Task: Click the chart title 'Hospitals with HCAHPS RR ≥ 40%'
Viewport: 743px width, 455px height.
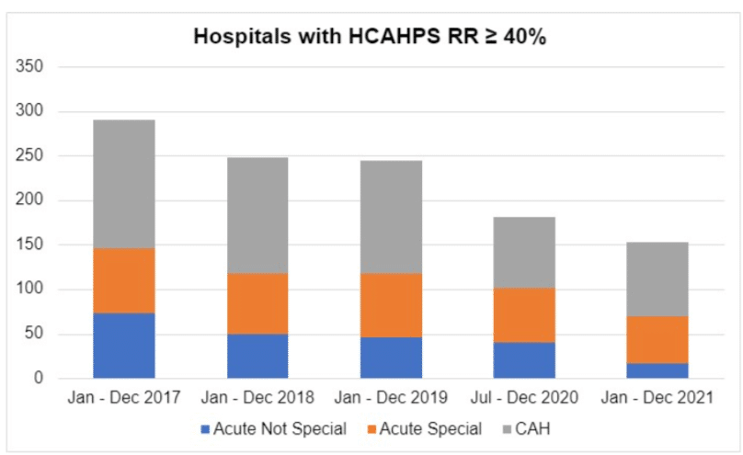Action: (x=371, y=38)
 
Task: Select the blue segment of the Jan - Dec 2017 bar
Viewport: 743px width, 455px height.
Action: (x=124, y=346)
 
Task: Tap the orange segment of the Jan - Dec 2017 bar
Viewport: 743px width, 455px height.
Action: (x=124, y=280)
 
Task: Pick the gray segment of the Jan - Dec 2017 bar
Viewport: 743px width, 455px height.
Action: (x=124, y=184)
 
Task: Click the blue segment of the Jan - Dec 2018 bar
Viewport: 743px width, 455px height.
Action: (x=257, y=356)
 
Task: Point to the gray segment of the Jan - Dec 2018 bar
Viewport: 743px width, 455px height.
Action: (x=257, y=215)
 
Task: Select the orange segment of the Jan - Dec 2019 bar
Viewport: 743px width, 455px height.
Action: (x=391, y=305)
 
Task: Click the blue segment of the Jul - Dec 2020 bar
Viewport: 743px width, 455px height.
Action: (x=524, y=360)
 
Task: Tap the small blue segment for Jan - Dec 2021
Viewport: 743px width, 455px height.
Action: (x=657, y=370)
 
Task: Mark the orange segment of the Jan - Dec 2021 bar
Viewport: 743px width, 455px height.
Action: (x=657, y=339)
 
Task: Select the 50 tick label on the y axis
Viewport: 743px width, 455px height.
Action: (x=35, y=335)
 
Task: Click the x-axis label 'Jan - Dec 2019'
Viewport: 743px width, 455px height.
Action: (x=391, y=398)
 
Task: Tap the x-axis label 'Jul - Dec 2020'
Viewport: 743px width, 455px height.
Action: (x=524, y=398)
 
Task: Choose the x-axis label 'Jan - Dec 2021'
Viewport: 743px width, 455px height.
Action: (x=657, y=398)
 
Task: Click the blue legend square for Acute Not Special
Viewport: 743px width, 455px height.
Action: (x=204, y=429)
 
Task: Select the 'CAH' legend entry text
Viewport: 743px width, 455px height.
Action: (x=531, y=429)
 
